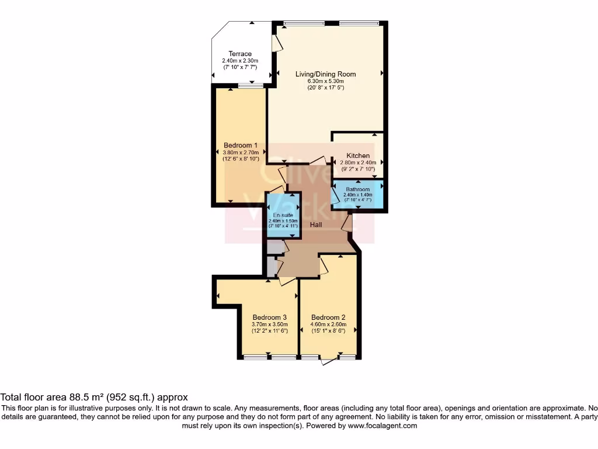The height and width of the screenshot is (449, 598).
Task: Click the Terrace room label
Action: point(240,54)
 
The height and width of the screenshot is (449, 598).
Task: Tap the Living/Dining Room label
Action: point(325,74)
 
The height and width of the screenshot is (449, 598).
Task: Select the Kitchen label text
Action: point(357,156)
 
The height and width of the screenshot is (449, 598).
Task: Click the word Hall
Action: point(317,224)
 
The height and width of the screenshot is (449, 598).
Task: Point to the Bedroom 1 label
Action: point(241,145)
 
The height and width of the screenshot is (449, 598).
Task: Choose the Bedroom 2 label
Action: point(328,317)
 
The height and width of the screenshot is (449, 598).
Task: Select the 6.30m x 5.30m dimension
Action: point(325,81)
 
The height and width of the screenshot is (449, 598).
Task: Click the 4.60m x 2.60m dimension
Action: point(328,324)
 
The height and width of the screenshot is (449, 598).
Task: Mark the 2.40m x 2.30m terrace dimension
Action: point(240,61)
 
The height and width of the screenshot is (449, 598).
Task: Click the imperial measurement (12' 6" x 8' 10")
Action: point(241,158)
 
